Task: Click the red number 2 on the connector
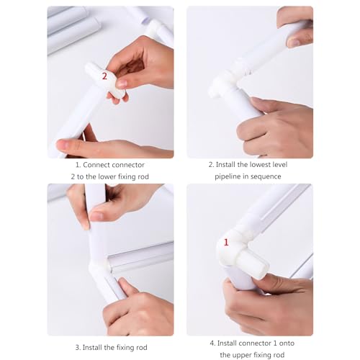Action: tap(104, 76)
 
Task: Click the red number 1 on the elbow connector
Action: tap(226, 243)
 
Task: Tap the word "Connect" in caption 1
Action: tap(96, 165)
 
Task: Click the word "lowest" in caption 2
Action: tap(260, 165)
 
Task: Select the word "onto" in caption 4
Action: tap(287, 343)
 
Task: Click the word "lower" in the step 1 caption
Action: tap(110, 176)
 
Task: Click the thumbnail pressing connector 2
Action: tap(122, 84)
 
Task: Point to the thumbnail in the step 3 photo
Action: tap(96, 216)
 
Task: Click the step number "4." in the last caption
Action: tap(212, 343)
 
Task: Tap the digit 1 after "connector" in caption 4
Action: tap(275, 343)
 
